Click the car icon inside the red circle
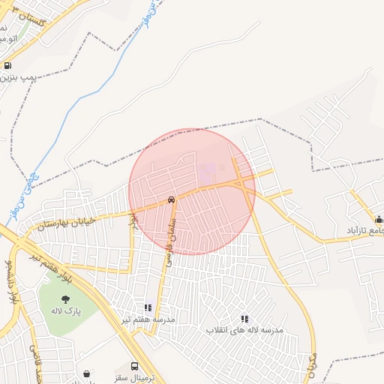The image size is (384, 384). click(x=172, y=200)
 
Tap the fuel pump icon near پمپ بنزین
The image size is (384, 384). click(x=7, y=65)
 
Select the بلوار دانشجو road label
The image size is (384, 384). click(x=10, y=281)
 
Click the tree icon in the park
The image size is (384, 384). click(x=65, y=298)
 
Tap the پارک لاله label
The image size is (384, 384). click(x=66, y=310)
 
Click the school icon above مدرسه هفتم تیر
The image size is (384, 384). click(x=148, y=307)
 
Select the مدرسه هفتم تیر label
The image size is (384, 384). click(x=148, y=319)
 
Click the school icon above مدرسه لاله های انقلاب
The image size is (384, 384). click(x=244, y=319)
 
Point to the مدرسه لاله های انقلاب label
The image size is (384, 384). click(x=244, y=330)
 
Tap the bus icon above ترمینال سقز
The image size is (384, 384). click(x=134, y=367)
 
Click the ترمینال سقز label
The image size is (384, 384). click(x=135, y=378)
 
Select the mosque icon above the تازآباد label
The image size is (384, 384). click(x=379, y=220)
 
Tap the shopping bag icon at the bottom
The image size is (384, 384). click(x=88, y=373)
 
